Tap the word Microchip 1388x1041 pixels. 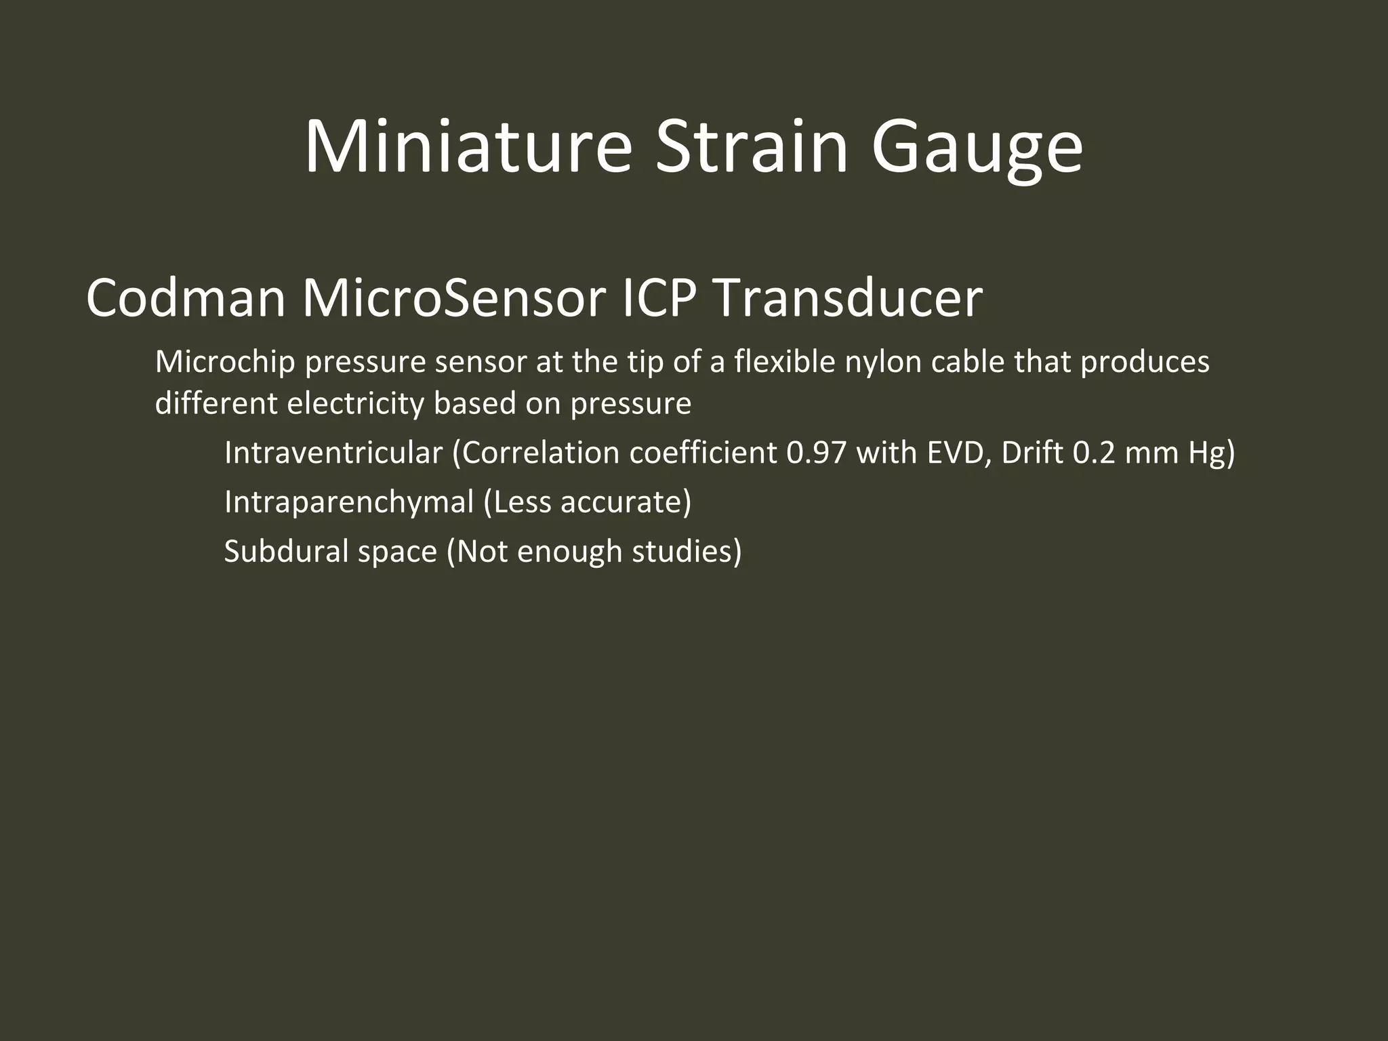225,363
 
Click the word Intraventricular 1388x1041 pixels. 333,453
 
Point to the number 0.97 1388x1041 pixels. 817,453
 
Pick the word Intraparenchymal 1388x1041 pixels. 349,503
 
